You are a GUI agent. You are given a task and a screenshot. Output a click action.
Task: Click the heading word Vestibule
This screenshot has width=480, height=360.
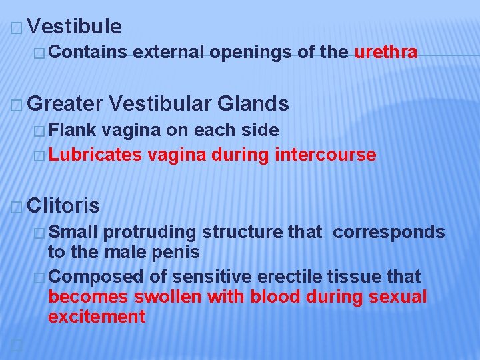pyautogui.click(x=75, y=27)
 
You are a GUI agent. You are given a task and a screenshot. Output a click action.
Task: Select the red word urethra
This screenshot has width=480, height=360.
pyautogui.click(x=386, y=52)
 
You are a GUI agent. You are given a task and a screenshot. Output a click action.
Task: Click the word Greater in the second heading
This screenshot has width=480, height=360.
pyautogui.click(x=66, y=103)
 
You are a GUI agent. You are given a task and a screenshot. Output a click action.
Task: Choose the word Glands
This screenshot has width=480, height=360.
pyautogui.click(x=253, y=103)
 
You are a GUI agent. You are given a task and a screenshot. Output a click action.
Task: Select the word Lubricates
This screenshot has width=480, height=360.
pyautogui.click(x=95, y=155)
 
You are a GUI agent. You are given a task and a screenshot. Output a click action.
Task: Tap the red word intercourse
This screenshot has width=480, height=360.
pyautogui.click(x=326, y=155)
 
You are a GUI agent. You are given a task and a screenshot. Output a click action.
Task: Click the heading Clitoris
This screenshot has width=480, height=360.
pyautogui.click(x=65, y=205)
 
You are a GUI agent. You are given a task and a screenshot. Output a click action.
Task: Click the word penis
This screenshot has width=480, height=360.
pyautogui.click(x=177, y=253)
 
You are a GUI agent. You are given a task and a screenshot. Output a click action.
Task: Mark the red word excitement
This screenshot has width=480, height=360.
pyautogui.click(x=97, y=317)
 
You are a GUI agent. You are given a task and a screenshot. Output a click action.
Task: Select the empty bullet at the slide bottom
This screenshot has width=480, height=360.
pyautogui.click(x=16, y=343)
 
